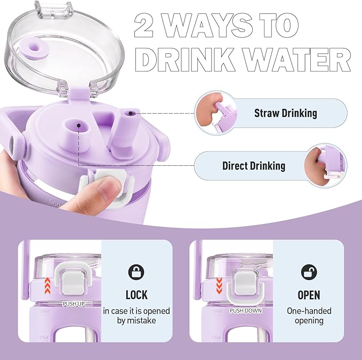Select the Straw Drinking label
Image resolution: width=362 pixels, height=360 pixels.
(285, 113)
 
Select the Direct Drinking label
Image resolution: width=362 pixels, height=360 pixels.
(253, 166)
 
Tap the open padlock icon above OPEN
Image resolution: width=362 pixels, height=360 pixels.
(309, 271)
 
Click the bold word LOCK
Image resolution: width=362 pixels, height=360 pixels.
(136, 295)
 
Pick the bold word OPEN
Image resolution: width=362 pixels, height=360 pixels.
(309, 295)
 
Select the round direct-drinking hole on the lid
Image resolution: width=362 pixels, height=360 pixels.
(77, 125)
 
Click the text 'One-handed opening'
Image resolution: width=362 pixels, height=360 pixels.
(309, 316)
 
